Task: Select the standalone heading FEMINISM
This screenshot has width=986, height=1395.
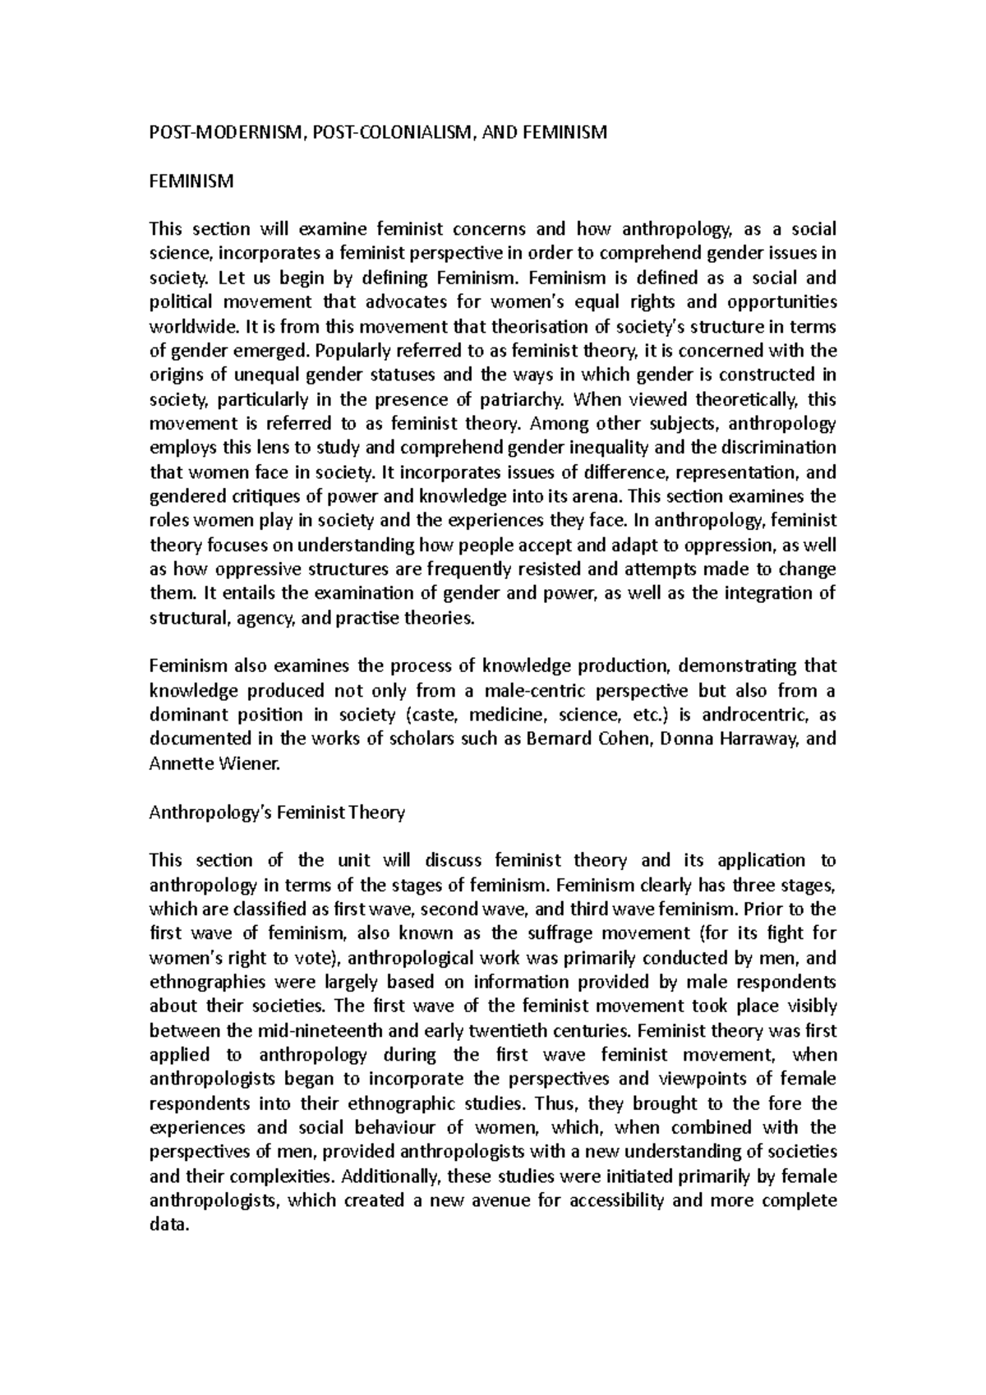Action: [191, 181]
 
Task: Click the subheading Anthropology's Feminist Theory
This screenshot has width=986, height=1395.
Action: [277, 813]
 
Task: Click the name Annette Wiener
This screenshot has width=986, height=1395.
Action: [214, 763]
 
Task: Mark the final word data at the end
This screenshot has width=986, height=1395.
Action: [168, 1224]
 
